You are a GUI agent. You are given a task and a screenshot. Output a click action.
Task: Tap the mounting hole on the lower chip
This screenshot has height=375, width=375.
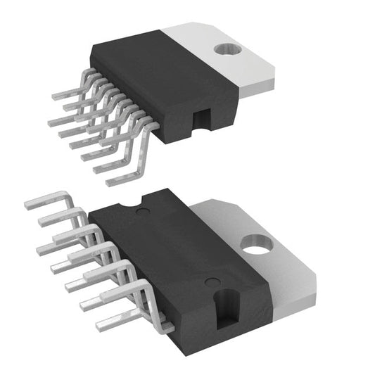[258, 245]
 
